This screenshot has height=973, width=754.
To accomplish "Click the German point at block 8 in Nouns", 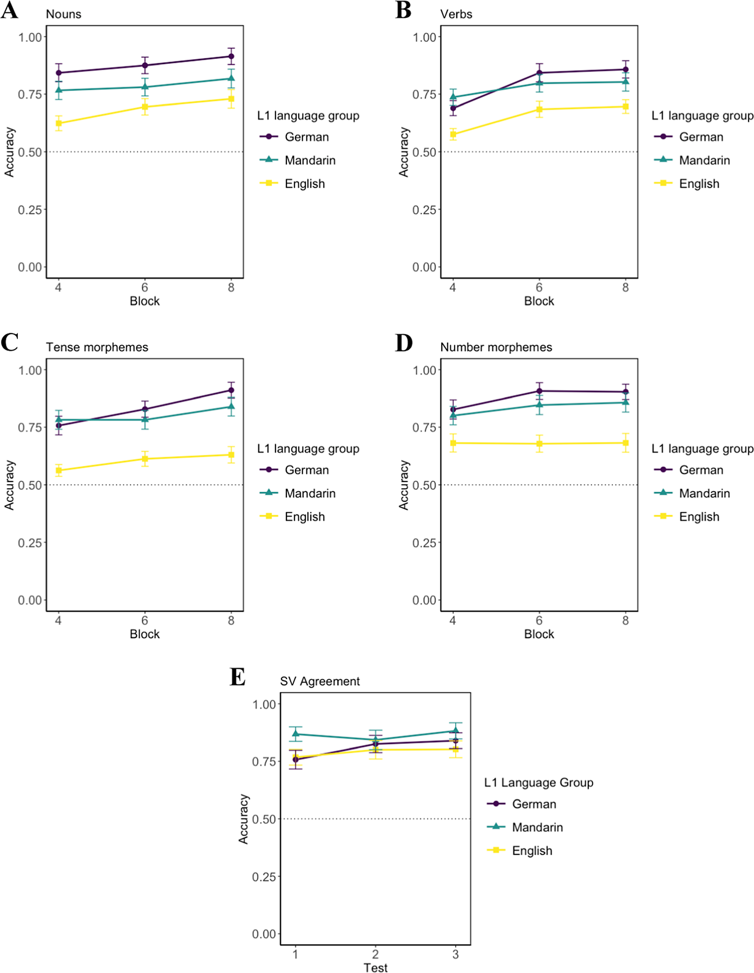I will point(231,56).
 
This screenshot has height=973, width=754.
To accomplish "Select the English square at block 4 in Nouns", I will point(58,123).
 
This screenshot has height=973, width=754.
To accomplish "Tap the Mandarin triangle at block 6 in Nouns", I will point(145,87).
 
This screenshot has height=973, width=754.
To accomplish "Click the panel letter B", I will point(403,11).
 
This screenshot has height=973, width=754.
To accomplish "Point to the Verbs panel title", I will point(456,15).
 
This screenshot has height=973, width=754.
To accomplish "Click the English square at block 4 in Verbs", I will point(453,134).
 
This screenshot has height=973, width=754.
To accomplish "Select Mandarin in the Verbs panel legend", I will point(704,160).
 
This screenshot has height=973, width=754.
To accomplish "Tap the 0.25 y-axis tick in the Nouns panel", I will point(30,210).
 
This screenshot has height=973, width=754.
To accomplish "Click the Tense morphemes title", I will point(97,347).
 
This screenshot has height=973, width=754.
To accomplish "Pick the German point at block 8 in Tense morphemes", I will point(231,390).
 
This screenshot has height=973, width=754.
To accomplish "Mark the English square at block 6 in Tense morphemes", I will point(145,459).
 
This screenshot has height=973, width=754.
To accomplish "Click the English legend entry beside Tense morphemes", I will point(305,517).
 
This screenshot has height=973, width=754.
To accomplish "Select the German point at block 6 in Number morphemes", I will point(539,391).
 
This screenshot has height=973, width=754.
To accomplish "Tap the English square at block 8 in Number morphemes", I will point(626,443).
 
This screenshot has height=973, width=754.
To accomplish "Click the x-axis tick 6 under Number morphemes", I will point(539,621).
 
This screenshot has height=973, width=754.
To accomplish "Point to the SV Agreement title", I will point(319,681).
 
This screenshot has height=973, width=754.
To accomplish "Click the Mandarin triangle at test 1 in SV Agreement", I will point(296,734).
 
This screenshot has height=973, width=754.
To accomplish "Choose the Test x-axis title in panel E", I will point(375,967).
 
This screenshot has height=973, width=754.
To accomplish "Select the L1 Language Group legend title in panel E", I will point(539,783).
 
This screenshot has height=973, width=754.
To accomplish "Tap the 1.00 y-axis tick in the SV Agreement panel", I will point(264,704).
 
